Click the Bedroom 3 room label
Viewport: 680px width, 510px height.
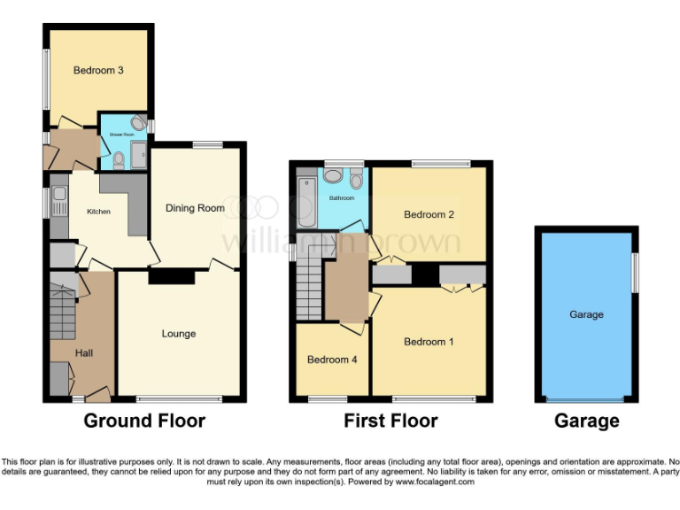point(98,70)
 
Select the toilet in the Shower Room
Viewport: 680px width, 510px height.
point(119,160)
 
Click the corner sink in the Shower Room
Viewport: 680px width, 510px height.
point(139,123)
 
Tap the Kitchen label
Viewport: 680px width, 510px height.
point(98,212)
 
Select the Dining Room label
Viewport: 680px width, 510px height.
point(195,208)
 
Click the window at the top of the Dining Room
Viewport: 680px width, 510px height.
point(207,144)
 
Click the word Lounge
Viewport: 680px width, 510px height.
point(178,334)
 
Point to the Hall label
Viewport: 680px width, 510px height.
point(84,353)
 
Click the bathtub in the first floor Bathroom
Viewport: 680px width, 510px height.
point(306,201)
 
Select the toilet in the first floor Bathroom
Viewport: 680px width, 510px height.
point(356,180)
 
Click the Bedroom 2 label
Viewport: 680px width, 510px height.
point(429,214)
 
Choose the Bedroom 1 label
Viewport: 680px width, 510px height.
point(429,341)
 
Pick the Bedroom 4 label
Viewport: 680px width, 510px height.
point(332,359)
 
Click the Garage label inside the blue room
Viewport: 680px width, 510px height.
point(586,314)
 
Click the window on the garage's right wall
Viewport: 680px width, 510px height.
point(634,271)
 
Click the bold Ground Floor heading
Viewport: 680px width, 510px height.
point(144,421)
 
